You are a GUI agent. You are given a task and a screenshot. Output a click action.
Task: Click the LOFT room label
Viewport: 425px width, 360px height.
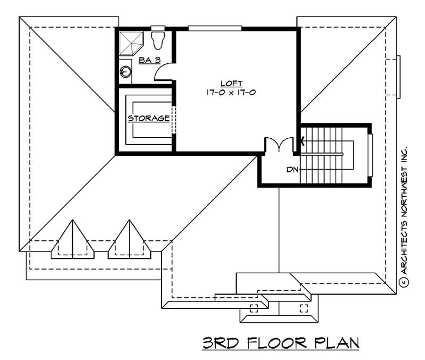[x=232, y=83]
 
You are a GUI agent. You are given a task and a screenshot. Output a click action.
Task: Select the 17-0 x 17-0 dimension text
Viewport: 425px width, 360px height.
[x=232, y=92]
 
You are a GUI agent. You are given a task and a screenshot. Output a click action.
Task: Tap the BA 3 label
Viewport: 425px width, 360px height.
[x=150, y=61]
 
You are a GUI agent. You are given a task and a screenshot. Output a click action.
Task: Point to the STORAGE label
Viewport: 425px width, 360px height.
[x=149, y=118]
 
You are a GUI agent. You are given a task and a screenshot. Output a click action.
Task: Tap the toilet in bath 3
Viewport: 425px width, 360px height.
[x=158, y=40]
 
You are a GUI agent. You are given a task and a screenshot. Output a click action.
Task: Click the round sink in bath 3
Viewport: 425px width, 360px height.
[x=126, y=71]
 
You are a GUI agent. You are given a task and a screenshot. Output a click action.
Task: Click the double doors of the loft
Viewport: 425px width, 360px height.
[x=280, y=145]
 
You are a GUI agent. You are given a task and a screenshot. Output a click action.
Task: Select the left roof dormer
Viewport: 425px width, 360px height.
[x=72, y=240]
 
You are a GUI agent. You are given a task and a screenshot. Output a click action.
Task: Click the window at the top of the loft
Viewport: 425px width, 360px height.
[x=215, y=28]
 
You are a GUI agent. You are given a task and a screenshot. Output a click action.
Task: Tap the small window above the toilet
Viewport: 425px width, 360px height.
[x=158, y=28]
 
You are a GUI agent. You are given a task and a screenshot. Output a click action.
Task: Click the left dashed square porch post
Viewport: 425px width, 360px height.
[x=253, y=308]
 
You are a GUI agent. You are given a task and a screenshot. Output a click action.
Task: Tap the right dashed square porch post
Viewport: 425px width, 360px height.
[x=304, y=308]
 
